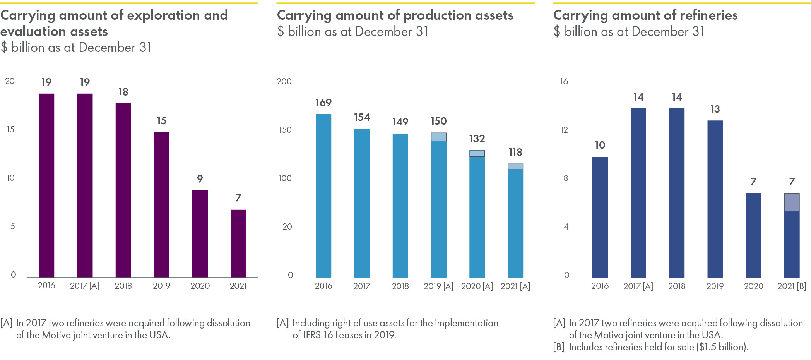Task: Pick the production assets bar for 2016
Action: pyautogui.click(x=323, y=195)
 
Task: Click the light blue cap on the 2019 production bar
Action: pyautogui.click(x=439, y=137)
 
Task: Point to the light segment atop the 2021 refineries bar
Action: pyautogui.click(x=792, y=202)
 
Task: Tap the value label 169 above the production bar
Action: pyautogui.click(x=323, y=103)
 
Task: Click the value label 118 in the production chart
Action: pyautogui.click(x=515, y=152)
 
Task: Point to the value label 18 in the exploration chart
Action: pyautogui.click(x=123, y=92)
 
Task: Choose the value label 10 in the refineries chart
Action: pyautogui.click(x=600, y=145)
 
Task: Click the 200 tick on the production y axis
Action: pyautogui.click(x=284, y=81)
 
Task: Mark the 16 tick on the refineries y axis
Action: pyautogui.click(x=564, y=81)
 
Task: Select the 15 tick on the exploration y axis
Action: pyautogui.click(x=10, y=130)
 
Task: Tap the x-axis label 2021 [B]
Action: pyautogui.click(x=792, y=286)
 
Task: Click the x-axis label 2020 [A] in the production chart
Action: pyautogui.click(x=477, y=286)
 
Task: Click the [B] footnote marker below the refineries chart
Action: pyautogui.click(x=559, y=347)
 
